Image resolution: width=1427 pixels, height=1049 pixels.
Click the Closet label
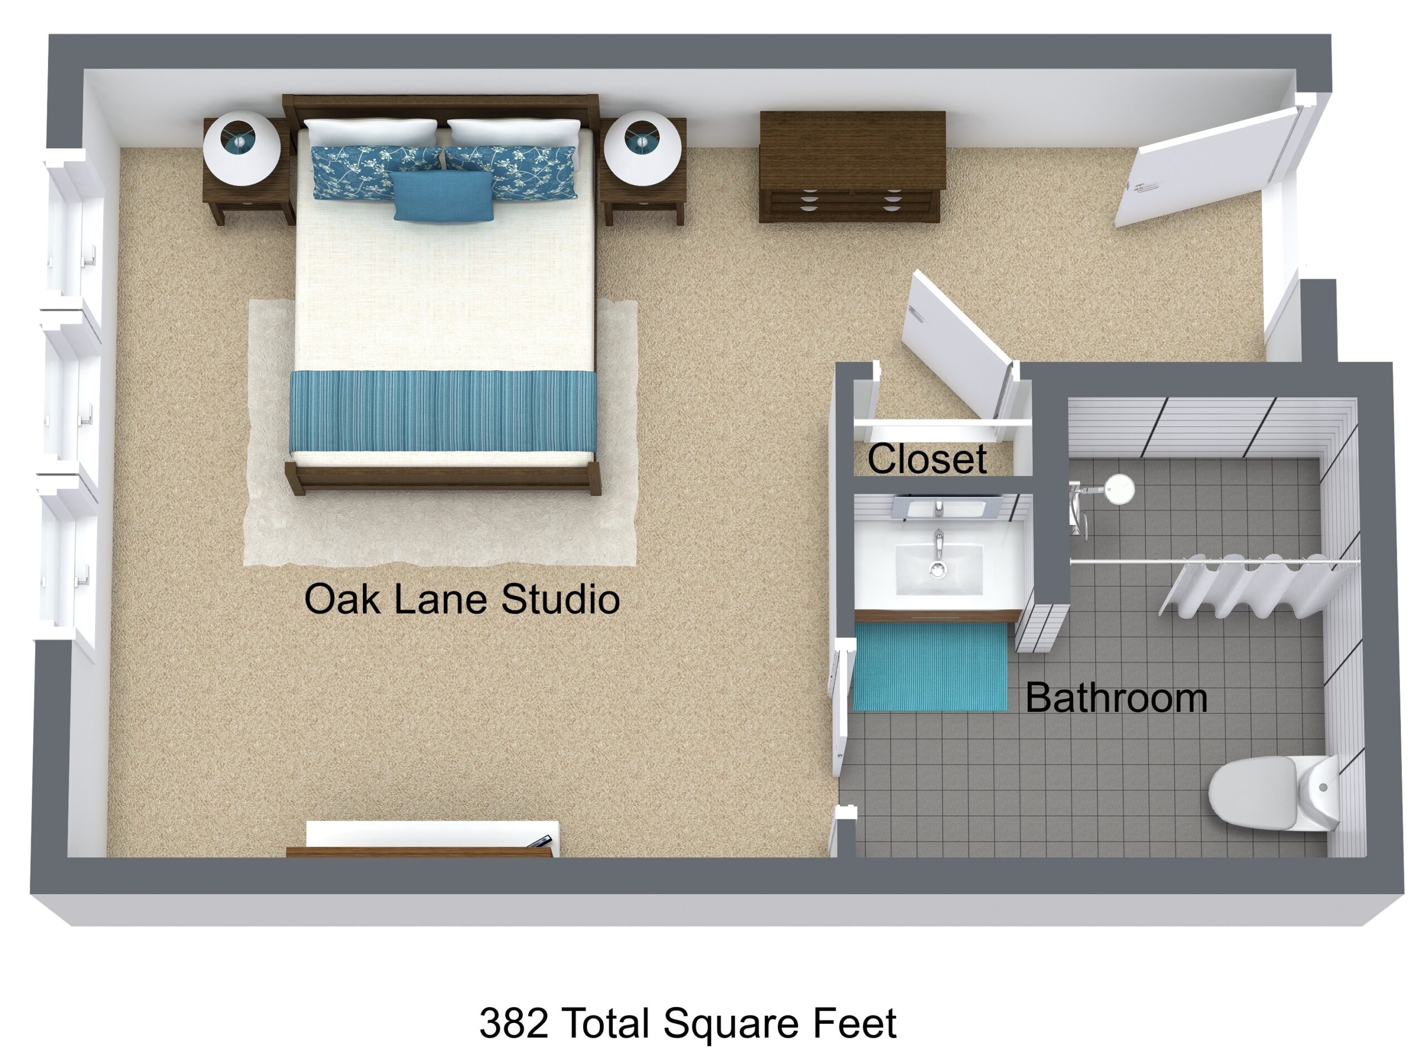pos(926,459)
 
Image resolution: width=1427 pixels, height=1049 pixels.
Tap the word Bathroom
pos(1116,698)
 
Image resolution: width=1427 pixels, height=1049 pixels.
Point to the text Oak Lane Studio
pos(462,599)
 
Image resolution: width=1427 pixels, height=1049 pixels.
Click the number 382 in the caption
pos(515,1022)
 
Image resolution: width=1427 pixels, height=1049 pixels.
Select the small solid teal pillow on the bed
pos(443,196)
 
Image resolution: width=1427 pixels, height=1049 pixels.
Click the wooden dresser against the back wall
pos(852,167)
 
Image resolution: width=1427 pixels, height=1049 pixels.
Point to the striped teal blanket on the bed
pos(443,411)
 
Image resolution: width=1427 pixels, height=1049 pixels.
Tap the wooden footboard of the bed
pos(443,477)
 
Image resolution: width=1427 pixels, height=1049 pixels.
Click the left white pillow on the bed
pos(371,133)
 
